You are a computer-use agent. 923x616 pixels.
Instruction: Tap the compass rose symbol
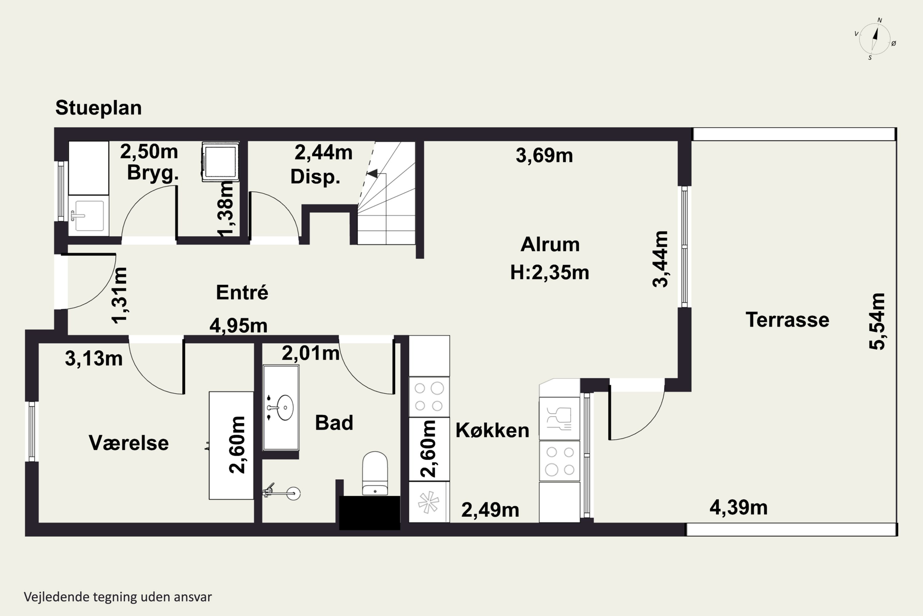[x=875, y=39]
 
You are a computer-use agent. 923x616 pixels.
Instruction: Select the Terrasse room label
[x=787, y=320]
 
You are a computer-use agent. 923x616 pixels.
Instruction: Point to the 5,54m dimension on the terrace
[x=877, y=321]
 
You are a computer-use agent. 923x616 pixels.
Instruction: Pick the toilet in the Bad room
[x=375, y=473]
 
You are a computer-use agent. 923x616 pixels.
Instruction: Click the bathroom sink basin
[x=285, y=408]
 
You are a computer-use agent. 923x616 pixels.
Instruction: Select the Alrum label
[x=550, y=244]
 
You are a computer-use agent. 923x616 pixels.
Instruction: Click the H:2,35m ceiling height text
[x=549, y=272]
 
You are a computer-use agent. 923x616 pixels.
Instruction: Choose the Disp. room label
[x=315, y=177]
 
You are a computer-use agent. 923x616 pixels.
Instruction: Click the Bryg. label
[x=153, y=173]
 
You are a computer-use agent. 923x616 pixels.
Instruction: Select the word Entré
[x=242, y=292]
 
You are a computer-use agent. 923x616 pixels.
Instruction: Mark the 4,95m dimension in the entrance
[x=238, y=326]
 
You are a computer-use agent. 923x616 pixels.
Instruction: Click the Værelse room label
[x=129, y=443]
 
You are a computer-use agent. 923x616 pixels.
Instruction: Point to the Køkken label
[x=492, y=430]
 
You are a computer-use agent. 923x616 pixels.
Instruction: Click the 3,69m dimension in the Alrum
[x=544, y=155]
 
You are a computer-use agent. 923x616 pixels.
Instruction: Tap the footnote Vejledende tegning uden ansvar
[x=118, y=597]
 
